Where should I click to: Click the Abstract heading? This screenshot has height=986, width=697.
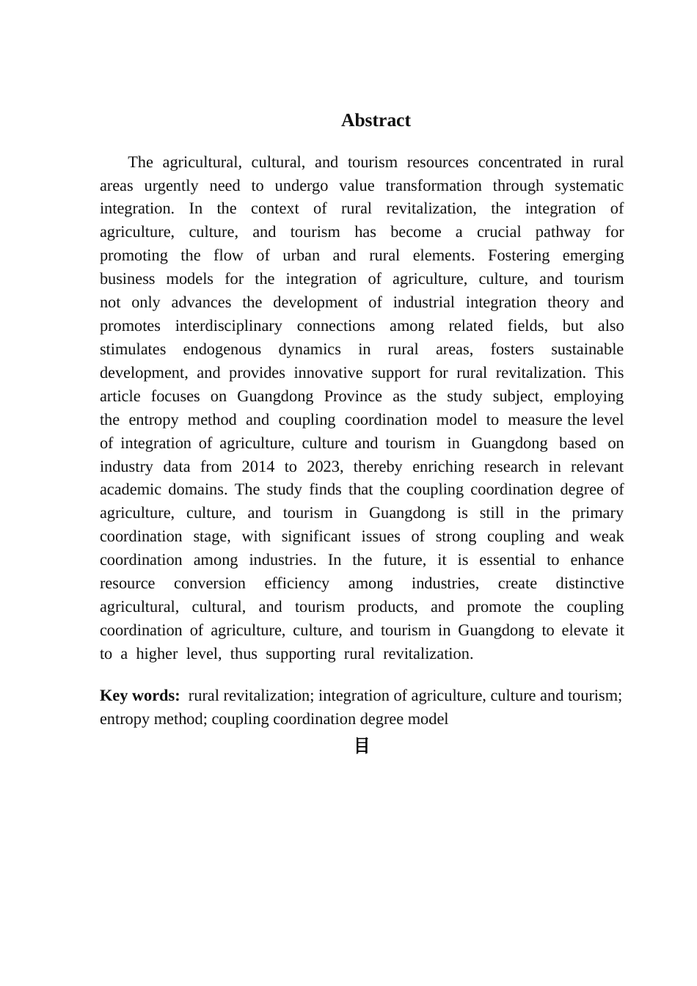click(376, 120)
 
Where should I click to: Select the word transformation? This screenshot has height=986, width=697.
click(433, 186)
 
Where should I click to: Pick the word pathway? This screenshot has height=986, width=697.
click(563, 233)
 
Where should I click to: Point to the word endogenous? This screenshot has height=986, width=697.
click(222, 350)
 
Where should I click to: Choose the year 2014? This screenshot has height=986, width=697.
click(258, 467)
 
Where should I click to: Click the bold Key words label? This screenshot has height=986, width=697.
click(139, 696)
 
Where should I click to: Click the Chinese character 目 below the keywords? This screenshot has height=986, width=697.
click(362, 746)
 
